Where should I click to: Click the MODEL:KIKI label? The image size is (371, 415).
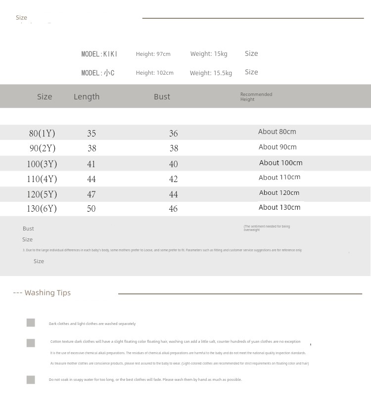click(x=99, y=54)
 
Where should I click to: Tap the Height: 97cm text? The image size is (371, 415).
click(x=153, y=54)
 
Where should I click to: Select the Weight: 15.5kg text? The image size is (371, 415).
click(x=211, y=73)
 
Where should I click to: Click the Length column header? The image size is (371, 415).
click(x=87, y=96)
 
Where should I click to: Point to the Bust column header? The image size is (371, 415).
click(x=162, y=96)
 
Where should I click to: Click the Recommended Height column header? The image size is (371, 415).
click(x=256, y=96)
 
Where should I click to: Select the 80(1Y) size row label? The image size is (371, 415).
click(x=42, y=133)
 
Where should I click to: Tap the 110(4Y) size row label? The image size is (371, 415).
click(x=42, y=179)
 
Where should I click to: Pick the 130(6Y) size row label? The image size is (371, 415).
click(x=42, y=209)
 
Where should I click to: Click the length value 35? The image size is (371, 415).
click(x=92, y=133)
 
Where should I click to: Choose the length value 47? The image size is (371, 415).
click(x=92, y=194)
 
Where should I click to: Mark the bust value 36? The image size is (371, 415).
click(x=173, y=133)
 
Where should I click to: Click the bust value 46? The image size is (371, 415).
click(x=173, y=209)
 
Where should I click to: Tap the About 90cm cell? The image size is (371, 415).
click(x=278, y=147)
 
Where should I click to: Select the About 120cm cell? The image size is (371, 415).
click(x=279, y=193)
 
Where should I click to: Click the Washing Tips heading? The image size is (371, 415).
click(x=42, y=293)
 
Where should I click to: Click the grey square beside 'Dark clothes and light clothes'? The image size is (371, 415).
click(x=31, y=323)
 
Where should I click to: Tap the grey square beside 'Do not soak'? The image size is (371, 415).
click(x=31, y=379)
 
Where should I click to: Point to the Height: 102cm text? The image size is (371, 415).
click(x=154, y=73)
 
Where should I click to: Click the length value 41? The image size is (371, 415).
click(x=92, y=164)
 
